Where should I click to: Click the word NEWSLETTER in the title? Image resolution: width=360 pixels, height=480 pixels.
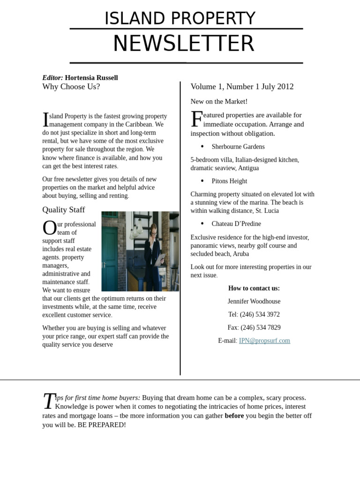(183, 44)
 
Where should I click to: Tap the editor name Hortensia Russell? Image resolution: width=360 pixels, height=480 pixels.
(91, 78)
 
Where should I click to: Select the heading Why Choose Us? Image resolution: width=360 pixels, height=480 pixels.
(71, 87)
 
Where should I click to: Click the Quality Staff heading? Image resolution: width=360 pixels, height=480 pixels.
(64, 210)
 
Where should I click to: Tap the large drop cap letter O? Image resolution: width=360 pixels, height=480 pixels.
(49, 228)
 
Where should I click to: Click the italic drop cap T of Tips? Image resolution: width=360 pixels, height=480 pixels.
(49, 401)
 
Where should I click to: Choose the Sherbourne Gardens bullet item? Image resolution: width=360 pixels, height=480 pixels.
(238, 147)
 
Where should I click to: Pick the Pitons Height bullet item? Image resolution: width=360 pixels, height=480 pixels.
(229, 181)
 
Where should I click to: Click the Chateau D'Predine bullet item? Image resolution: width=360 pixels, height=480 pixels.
(236, 224)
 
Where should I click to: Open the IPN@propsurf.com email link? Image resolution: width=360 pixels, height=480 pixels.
(264, 341)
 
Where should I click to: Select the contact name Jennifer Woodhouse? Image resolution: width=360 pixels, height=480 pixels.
(254, 301)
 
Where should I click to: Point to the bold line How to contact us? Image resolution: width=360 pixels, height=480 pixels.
(254, 288)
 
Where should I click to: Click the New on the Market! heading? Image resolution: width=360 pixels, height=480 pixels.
(219, 102)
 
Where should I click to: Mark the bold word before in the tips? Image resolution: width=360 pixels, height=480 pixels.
(234, 416)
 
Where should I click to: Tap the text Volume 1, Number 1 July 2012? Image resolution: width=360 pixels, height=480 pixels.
(242, 87)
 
